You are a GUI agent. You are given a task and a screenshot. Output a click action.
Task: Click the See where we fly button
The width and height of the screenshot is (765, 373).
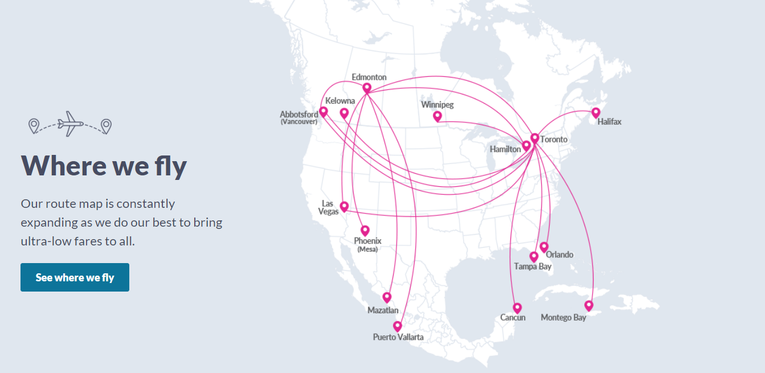[x=75, y=277]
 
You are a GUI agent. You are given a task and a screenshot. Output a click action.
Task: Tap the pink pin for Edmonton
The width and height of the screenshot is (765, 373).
[x=367, y=88]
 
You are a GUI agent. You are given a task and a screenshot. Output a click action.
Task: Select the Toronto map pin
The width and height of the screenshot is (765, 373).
[x=534, y=138]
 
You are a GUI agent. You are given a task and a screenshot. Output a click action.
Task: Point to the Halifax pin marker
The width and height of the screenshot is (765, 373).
[x=596, y=113]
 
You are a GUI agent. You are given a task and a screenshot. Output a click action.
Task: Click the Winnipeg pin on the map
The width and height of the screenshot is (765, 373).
[x=437, y=116]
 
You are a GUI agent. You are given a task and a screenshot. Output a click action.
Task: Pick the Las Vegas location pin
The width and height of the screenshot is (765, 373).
[x=344, y=206]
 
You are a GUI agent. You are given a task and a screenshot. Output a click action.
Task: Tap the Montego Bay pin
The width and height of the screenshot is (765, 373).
[x=589, y=306]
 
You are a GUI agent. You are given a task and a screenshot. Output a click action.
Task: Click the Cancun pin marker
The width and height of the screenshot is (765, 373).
[x=517, y=308]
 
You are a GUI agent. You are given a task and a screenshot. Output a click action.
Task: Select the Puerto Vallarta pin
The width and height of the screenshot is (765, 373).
[x=398, y=326]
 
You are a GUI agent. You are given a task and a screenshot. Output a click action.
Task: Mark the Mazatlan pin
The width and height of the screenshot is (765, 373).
[x=387, y=297]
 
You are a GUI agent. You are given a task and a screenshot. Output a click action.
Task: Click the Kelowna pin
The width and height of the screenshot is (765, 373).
[x=344, y=113]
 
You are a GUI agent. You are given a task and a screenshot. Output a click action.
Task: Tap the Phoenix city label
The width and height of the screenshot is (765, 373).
[x=367, y=241]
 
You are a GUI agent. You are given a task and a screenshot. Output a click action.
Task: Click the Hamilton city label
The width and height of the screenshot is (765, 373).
[x=505, y=149]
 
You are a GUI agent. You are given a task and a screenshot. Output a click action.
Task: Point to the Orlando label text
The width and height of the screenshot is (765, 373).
[x=559, y=255]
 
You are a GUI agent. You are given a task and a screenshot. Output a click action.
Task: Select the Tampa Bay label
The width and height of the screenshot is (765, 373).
[x=533, y=267]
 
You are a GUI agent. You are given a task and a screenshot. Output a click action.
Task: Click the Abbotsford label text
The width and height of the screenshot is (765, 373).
[x=299, y=114]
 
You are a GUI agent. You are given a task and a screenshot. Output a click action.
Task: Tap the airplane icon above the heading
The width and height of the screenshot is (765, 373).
[x=71, y=124]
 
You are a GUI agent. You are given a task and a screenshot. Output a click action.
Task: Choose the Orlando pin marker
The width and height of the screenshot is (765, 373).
[x=544, y=247]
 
